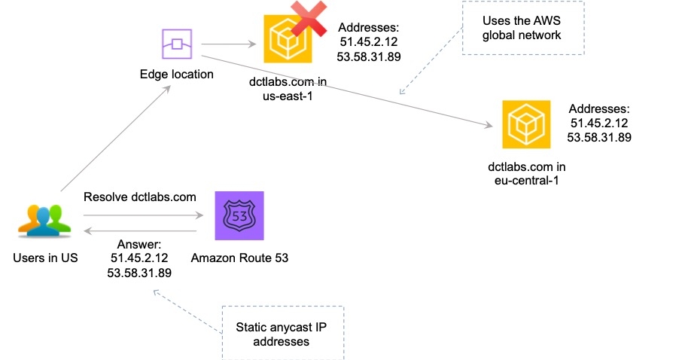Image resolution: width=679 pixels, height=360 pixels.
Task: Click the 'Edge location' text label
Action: pos(177,75)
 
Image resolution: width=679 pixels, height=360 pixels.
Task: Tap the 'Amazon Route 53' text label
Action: pos(239,258)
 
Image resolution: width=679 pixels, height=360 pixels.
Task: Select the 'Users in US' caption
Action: pos(45,258)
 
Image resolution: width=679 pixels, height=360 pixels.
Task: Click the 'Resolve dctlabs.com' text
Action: pos(140,197)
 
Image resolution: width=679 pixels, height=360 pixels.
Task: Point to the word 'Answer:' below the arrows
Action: pos(140,245)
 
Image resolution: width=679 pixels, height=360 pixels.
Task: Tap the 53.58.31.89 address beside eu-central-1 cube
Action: pos(599,138)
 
